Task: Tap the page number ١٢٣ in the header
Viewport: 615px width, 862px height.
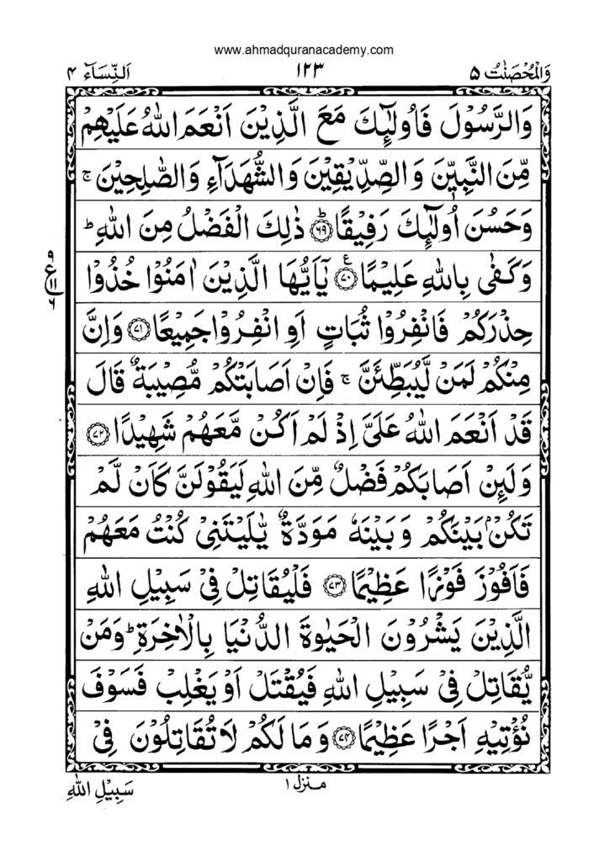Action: (308, 74)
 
